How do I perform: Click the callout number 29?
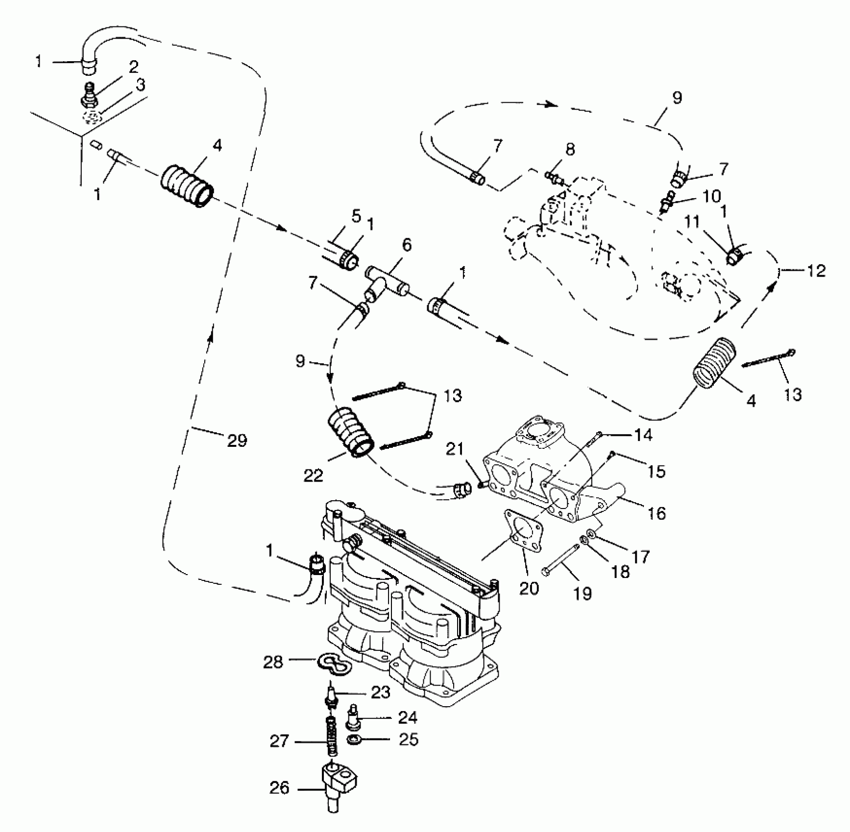click(237, 441)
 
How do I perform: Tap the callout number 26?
click(279, 788)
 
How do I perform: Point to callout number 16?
click(656, 513)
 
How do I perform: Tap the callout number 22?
click(314, 475)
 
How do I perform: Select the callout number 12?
click(816, 271)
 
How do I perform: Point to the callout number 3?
click(141, 85)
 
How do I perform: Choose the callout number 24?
click(408, 717)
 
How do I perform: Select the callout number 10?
click(711, 197)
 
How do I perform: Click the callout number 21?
click(455, 449)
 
